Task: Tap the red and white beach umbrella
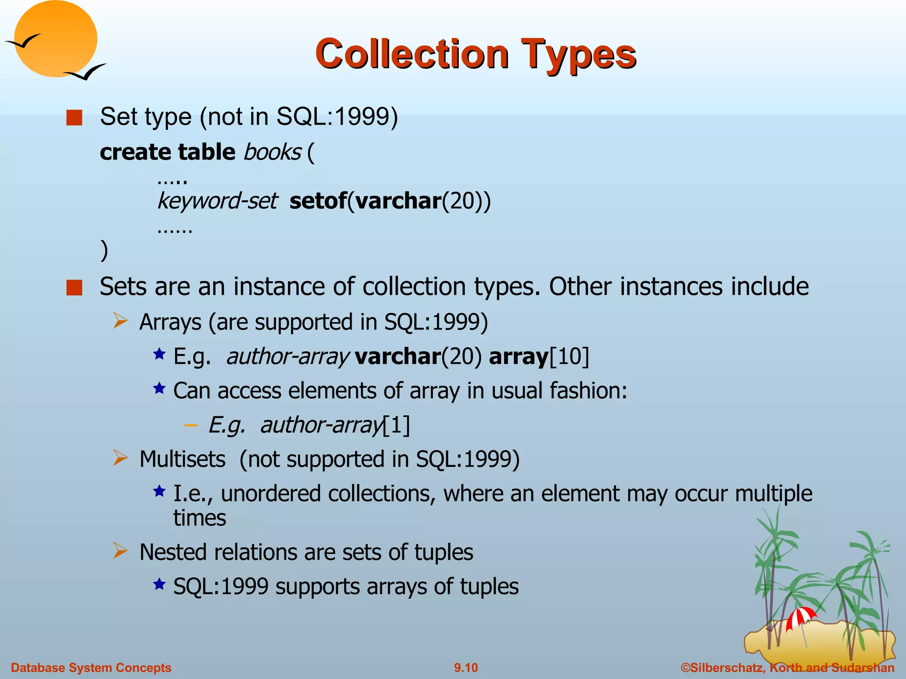tap(800, 617)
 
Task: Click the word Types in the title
tap(578, 54)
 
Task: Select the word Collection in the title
tap(412, 54)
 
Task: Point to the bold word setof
tap(318, 201)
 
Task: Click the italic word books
tap(272, 153)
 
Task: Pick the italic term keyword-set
tap(217, 201)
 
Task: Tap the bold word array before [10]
tap(518, 356)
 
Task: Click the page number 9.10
tap(466, 668)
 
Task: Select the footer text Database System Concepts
tap(91, 668)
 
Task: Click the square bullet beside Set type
tap(74, 118)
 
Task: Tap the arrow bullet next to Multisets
tap(120, 458)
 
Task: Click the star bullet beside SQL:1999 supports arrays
tap(159, 584)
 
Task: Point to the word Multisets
tap(182, 459)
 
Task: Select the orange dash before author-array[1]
tap(191, 425)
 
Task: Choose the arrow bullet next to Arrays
tap(120, 320)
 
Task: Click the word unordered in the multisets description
tap(270, 494)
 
